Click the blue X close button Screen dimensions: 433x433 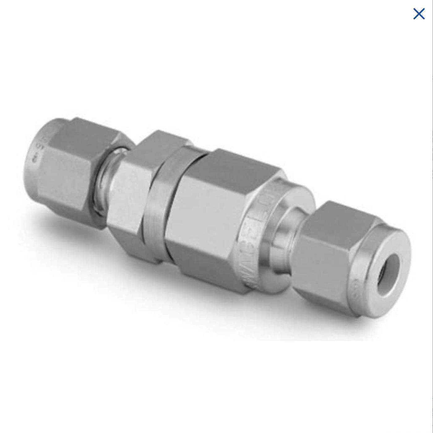point(419,14)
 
